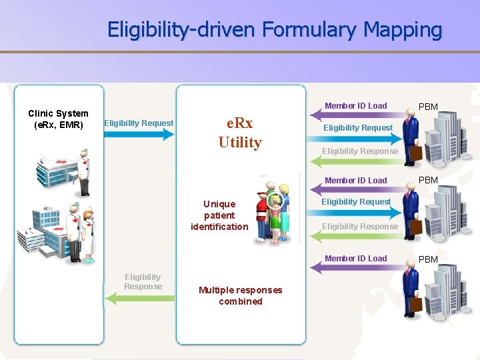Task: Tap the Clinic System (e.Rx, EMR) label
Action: (x=58, y=119)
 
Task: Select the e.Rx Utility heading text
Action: (x=240, y=133)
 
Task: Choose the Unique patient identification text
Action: (x=219, y=215)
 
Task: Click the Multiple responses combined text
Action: (x=240, y=295)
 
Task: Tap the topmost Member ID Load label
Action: (x=355, y=105)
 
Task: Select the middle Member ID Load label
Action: (x=355, y=180)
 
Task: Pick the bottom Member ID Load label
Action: (x=355, y=258)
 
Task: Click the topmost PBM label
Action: (x=427, y=107)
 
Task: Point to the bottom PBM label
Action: (x=427, y=259)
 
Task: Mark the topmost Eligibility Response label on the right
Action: (x=360, y=151)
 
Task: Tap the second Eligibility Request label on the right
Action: (x=356, y=201)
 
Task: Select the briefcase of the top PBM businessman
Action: (x=416, y=153)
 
